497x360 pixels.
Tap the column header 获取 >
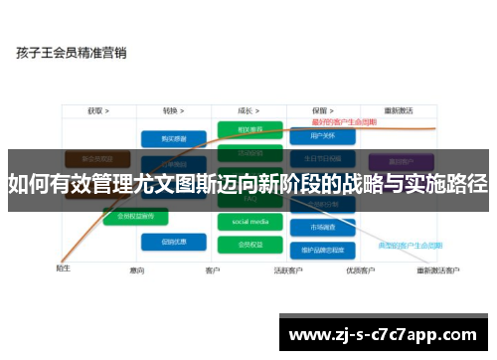(x=97, y=111)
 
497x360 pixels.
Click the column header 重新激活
(x=402, y=111)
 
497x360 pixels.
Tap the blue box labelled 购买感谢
(x=167, y=138)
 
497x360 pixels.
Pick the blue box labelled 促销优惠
(x=167, y=241)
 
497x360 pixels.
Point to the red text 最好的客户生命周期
(x=343, y=121)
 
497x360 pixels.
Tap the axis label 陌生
(x=63, y=268)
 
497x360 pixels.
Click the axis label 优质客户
(x=358, y=270)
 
